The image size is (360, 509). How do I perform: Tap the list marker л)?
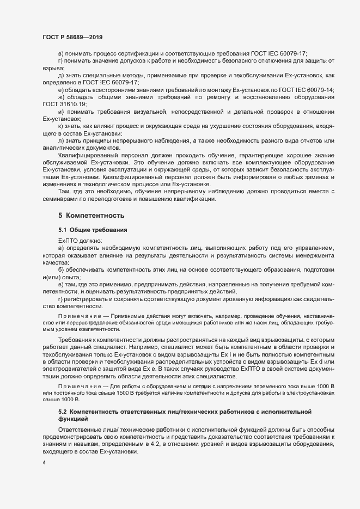coord(60,140)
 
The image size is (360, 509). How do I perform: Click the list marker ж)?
coord(61,96)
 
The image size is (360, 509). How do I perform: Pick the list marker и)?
coord(60,111)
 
